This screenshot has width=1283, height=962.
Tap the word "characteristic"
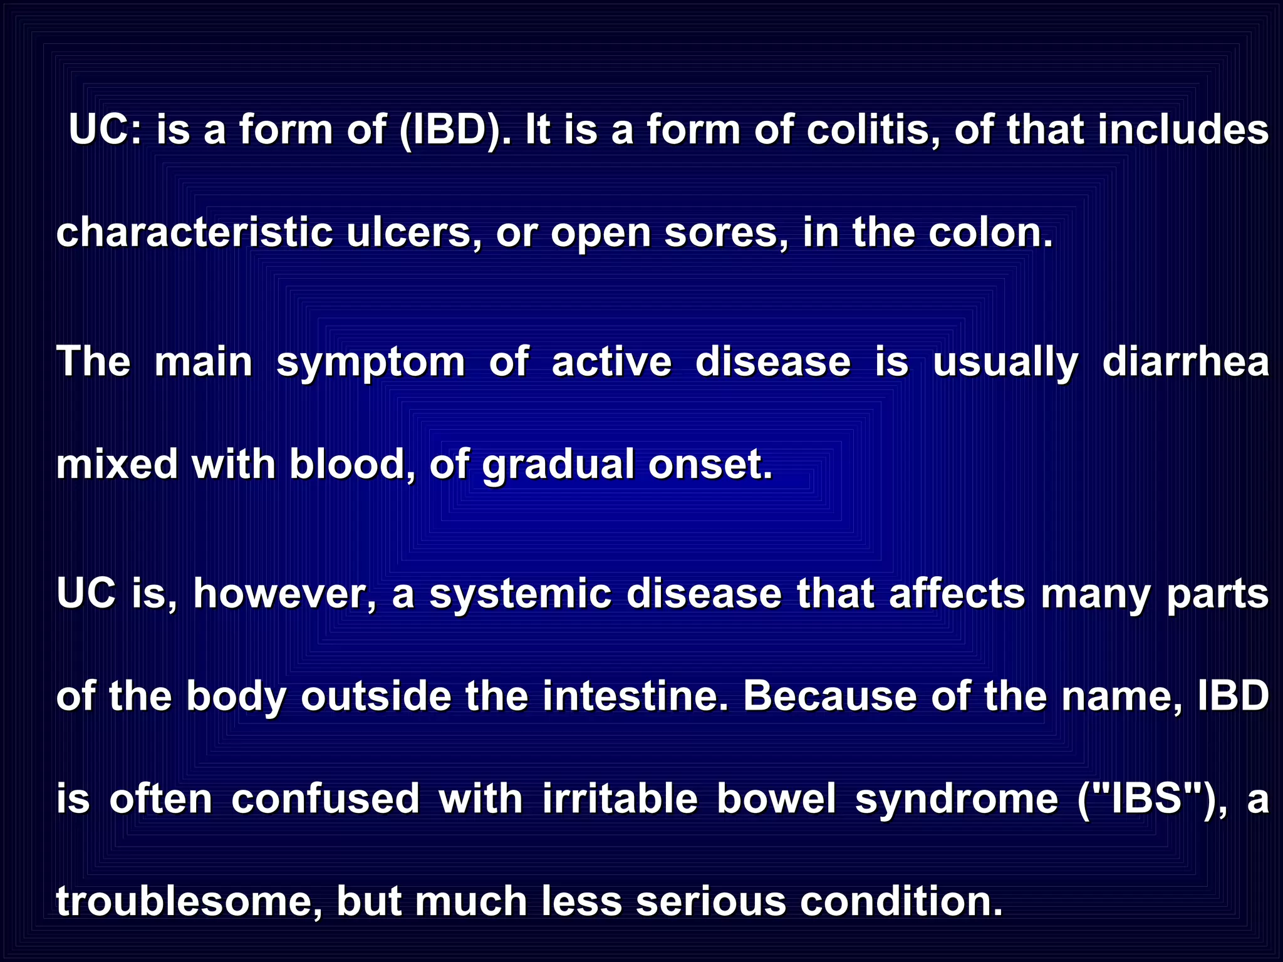click(x=194, y=232)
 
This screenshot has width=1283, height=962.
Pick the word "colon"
click(x=990, y=232)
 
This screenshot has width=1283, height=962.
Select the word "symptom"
click(x=370, y=363)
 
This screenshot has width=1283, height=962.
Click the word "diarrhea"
click(x=1185, y=361)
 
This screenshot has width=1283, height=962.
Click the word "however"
click(x=284, y=593)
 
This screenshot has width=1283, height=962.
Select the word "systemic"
click(x=520, y=594)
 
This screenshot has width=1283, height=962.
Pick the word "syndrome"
click(x=957, y=801)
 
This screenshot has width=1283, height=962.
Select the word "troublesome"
click(x=189, y=901)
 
